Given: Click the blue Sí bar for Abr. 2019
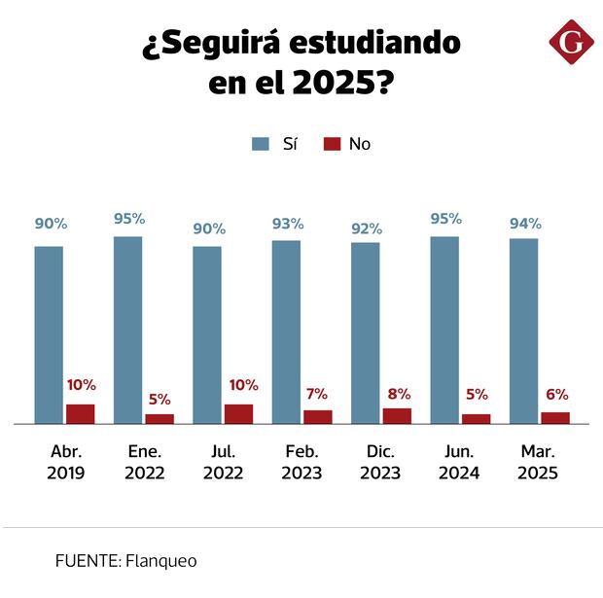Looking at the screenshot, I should click(49, 334).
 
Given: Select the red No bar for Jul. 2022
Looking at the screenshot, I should click(238, 414).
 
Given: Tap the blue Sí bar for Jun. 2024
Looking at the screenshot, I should click(444, 330).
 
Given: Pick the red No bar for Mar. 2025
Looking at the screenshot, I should click(555, 418).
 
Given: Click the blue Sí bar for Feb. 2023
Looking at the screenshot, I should click(286, 332).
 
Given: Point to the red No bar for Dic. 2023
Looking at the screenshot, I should click(397, 416).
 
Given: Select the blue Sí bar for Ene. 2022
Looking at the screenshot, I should click(127, 330).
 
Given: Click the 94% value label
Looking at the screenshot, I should click(525, 224).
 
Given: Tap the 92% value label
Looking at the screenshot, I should click(366, 229).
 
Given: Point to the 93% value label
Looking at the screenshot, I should click(287, 226).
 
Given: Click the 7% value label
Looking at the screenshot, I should click(317, 395).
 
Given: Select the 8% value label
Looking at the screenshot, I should click(398, 394).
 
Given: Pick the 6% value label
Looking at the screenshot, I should click(556, 395).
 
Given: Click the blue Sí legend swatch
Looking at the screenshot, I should click(261, 144).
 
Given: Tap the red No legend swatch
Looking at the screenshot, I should click(332, 144).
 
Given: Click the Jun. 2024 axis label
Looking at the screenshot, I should click(459, 463).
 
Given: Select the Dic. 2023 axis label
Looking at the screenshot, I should click(380, 463).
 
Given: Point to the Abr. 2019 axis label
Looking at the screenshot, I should click(65, 463).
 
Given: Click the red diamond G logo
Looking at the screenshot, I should click(571, 41).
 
